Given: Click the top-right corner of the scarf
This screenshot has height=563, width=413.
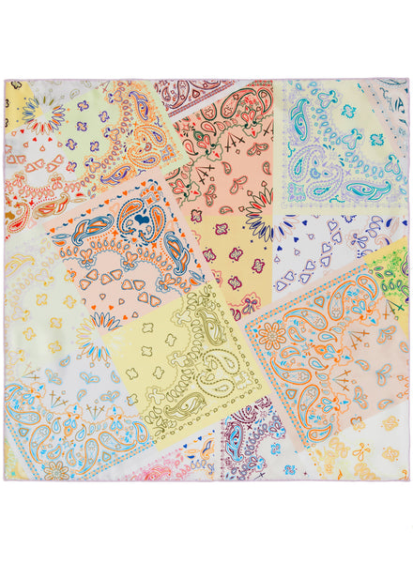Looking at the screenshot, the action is point(408,80).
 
